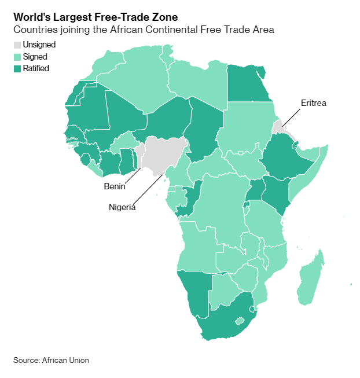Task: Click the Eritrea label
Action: coord(314,103)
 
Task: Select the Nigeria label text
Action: coord(122,207)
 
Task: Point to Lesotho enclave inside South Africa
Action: coord(239,321)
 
